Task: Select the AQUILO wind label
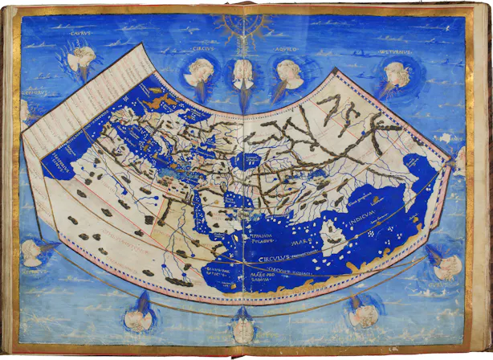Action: tap(283, 47)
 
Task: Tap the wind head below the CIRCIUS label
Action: tap(198, 75)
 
